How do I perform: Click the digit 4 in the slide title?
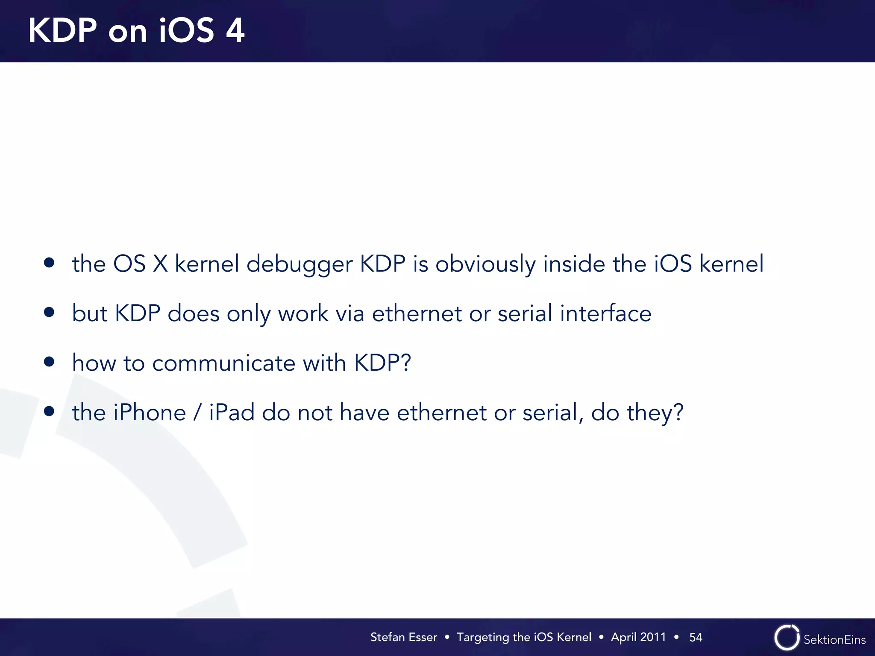coord(235,31)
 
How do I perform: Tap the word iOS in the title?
coord(186,31)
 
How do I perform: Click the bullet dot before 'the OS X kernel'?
coord(49,263)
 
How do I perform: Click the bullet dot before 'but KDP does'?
coord(49,312)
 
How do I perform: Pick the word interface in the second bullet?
coord(605,313)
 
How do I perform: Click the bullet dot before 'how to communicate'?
coord(49,362)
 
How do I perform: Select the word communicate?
coord(223,363)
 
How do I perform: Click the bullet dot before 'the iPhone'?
coord(49,411)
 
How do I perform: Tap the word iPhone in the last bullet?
coord(150,413)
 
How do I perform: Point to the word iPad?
coord(232,413)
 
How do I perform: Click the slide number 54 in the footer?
coord(696,637)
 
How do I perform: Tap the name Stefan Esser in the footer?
coord(403,637)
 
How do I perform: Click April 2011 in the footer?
coord(638,637)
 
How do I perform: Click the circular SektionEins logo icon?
coord(786,638)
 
